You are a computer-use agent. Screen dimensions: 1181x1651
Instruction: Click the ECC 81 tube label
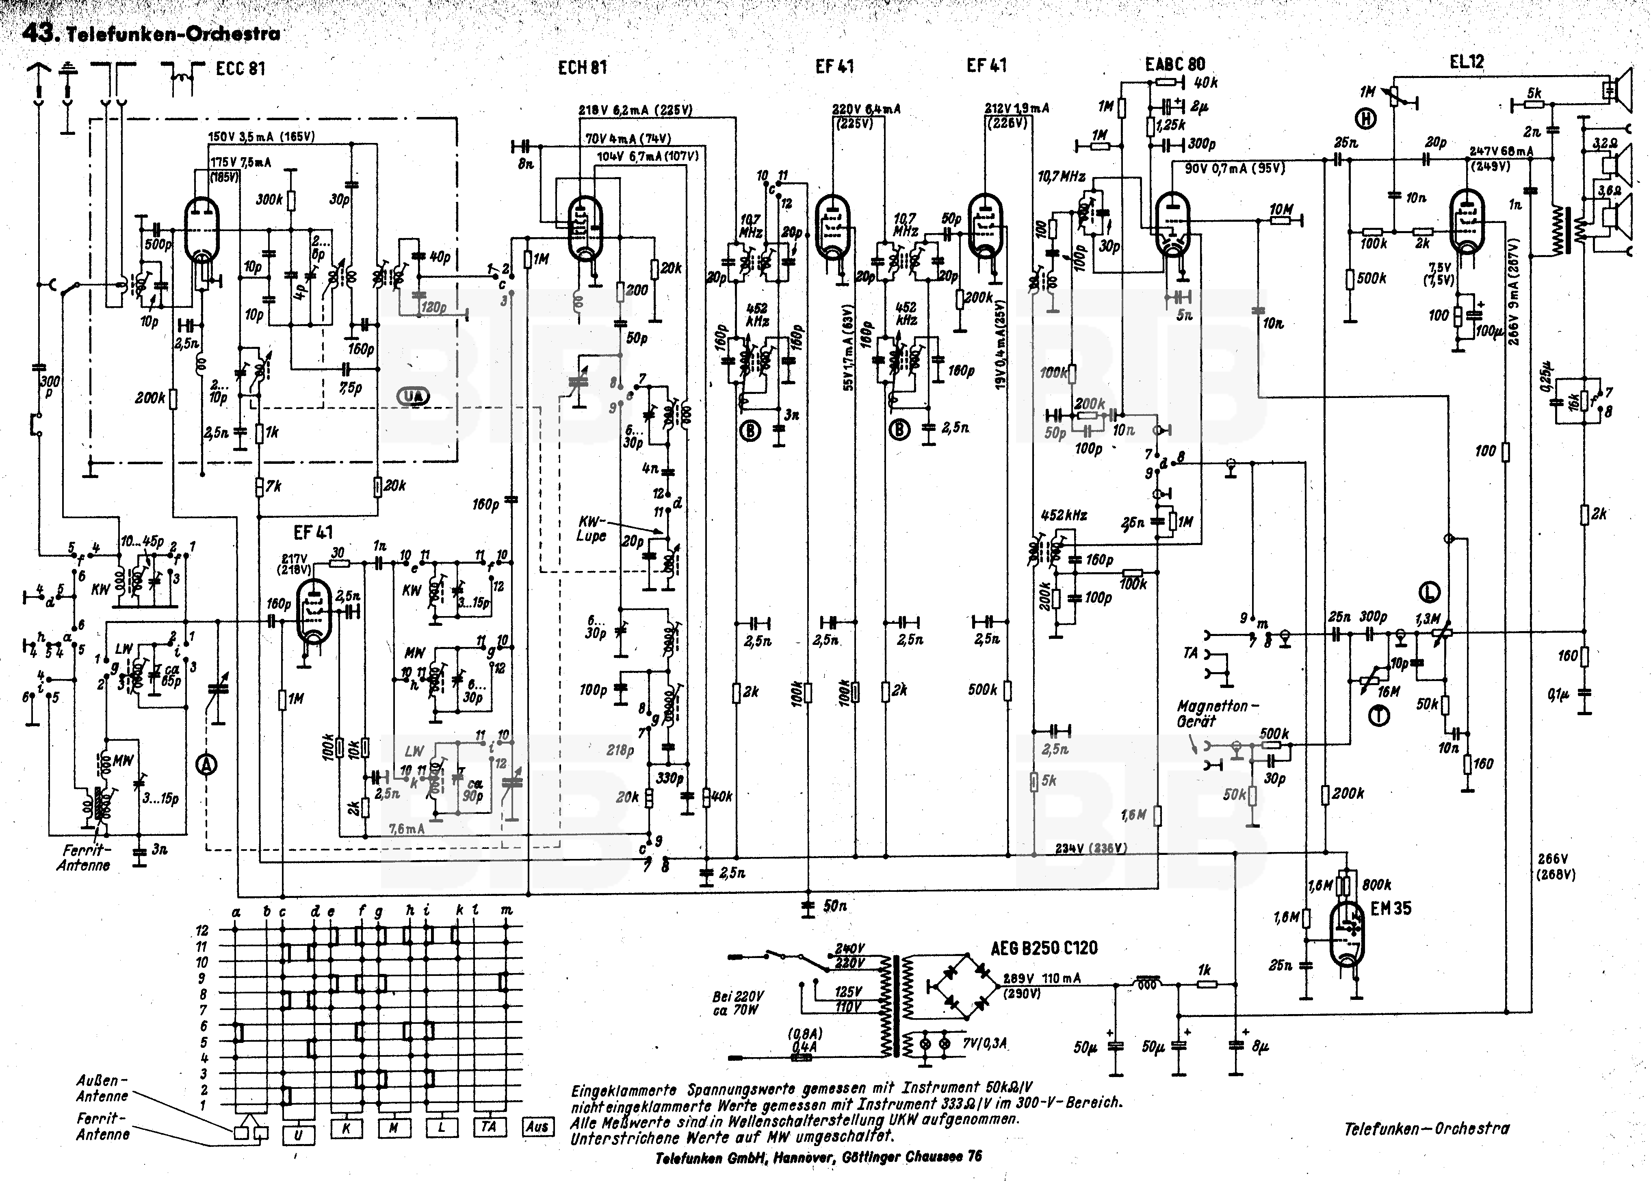coord(241,69)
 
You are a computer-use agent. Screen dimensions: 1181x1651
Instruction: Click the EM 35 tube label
coord(1391,908)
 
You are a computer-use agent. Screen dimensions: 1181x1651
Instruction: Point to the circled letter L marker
coord(1430,593)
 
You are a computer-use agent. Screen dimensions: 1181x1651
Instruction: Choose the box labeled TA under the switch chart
coord(489,1127)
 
